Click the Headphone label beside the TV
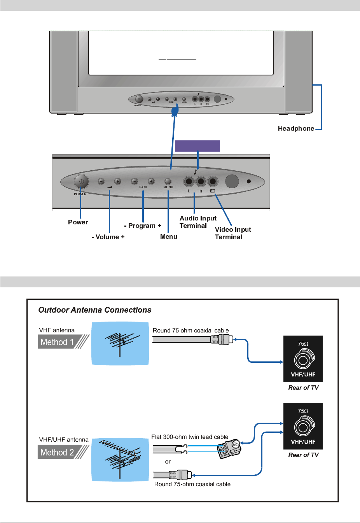tap(296, 129)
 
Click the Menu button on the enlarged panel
tap(168, 181)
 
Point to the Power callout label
tap(78, 222)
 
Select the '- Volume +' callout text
tap(108, 237)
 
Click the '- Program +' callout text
tap(142, 226)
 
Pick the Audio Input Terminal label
tap(198, 222)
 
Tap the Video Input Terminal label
tap(233, 233)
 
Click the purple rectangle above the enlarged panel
tap(197, 146)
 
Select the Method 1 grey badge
tap(57, 342)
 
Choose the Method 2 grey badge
tap(57, 453)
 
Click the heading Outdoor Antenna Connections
tap(95, 310)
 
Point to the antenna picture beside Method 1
tap(120, 343)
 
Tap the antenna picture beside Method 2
tap(120, 460)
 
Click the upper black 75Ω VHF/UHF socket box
tap(303, 359)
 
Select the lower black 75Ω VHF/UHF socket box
tap(303, 426)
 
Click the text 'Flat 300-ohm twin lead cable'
tap(190, 437)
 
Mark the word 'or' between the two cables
tap(168, 462)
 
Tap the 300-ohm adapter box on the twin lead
tap(229, 449)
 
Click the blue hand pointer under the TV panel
tap(175, 110)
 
